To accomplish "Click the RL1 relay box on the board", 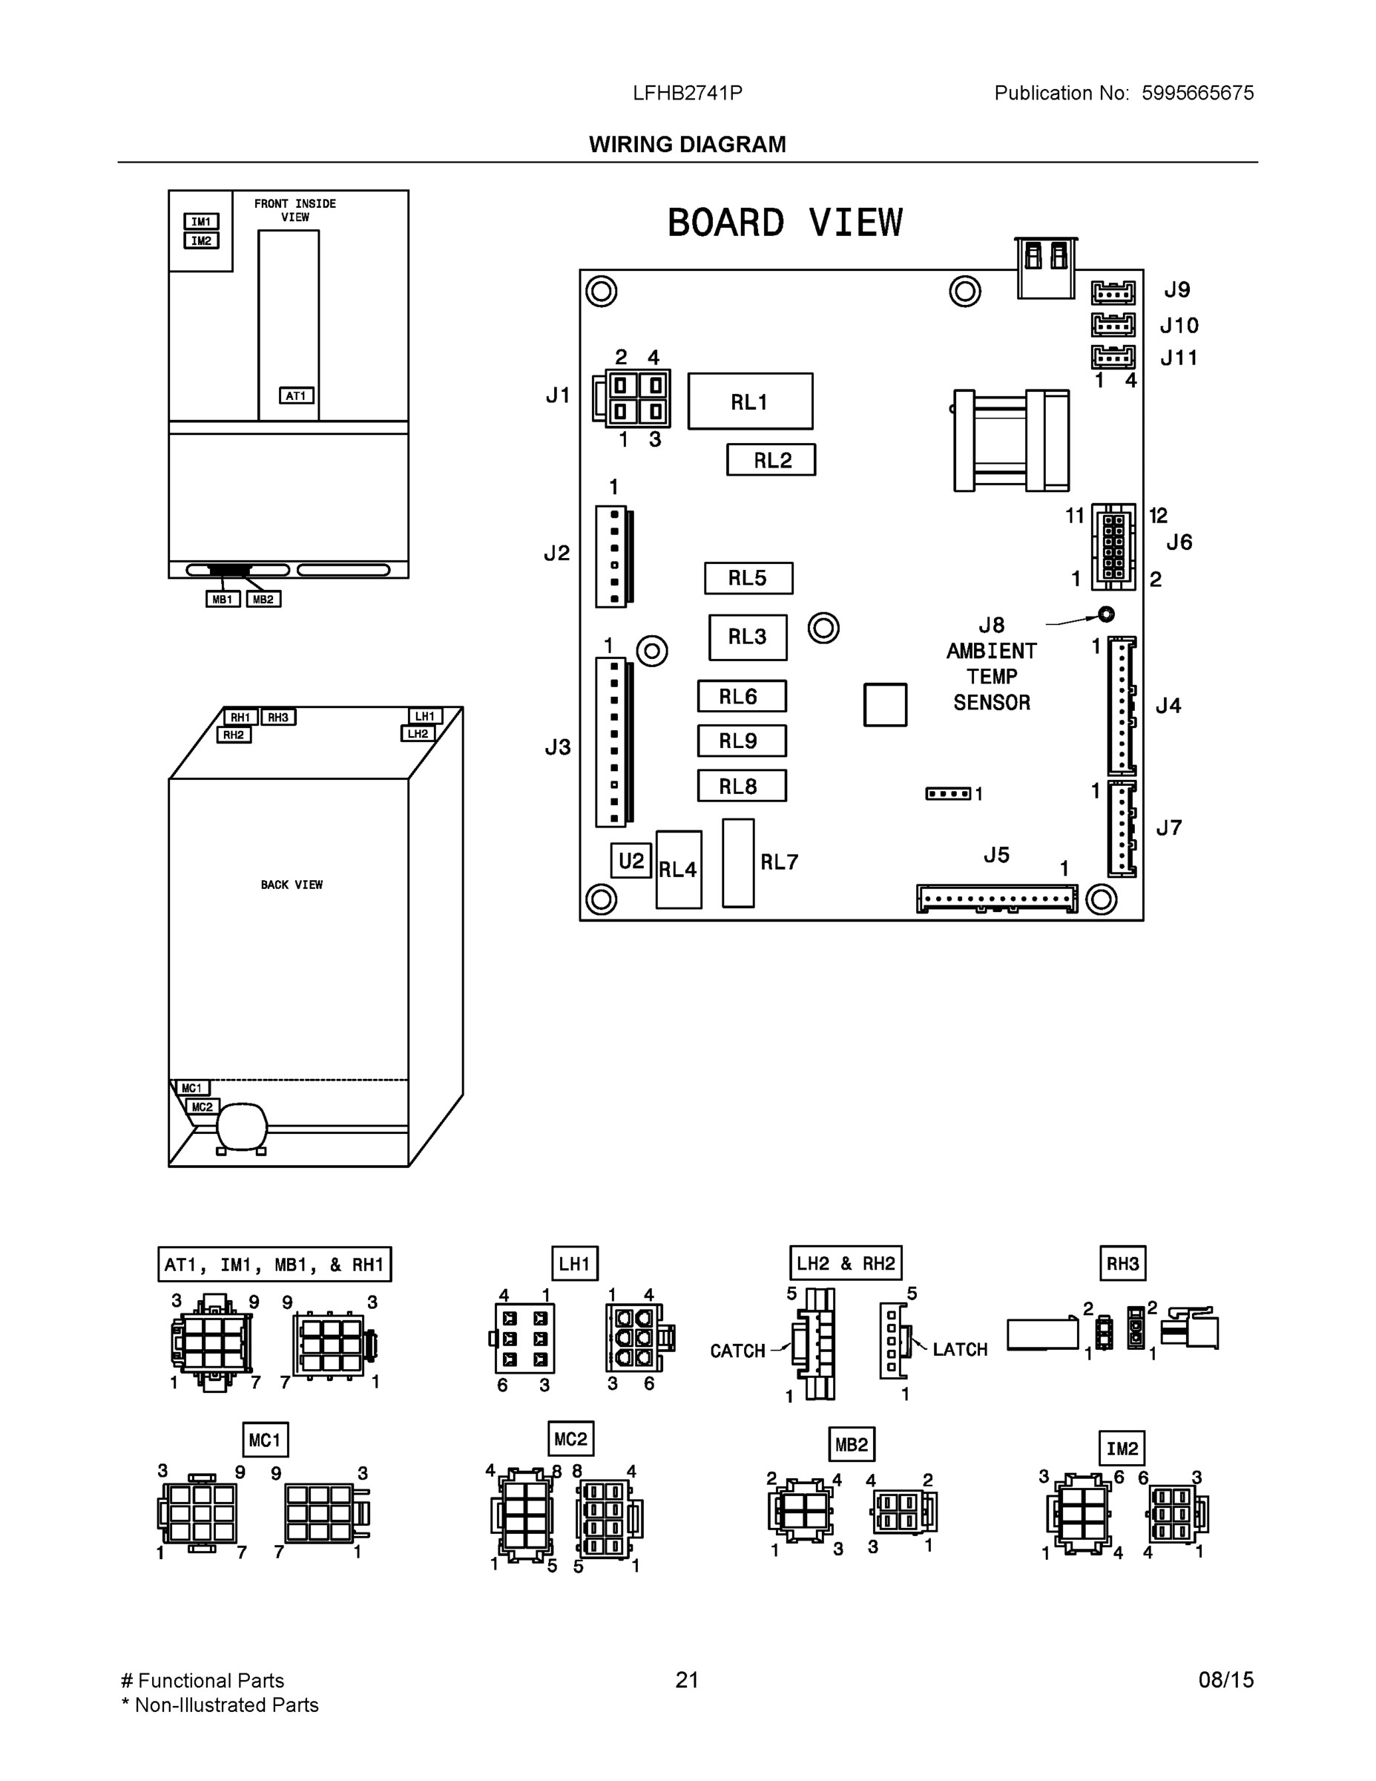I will point(750,401).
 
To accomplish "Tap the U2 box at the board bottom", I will point(631,860).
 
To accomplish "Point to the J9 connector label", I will point(1176,290).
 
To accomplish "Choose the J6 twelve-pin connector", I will point(1113,545).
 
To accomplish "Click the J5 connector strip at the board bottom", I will point(996,899).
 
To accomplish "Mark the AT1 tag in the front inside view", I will point(296,396).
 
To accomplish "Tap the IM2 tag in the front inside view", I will point(201,240).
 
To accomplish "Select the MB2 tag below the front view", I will point(263,600).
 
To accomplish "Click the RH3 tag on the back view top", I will point(278,717).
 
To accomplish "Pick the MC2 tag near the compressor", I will point(203,1106).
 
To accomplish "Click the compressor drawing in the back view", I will point(241,1128).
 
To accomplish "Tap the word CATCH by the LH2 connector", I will point(737,1351).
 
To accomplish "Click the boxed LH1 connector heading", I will point(574,1264).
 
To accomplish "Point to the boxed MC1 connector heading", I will point(265,1440).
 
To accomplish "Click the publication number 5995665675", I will point(1196,93).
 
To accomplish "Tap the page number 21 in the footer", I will point(687,1680).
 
